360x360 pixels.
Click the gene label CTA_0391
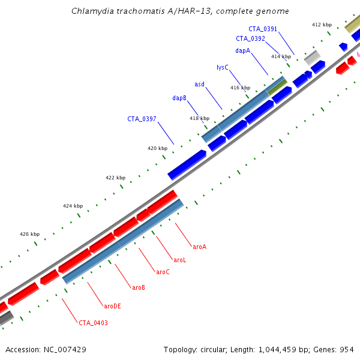262,28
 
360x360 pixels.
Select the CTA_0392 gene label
250,38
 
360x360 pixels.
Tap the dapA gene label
242,51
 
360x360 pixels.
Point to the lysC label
223,67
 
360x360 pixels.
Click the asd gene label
199,84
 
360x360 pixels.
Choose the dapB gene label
179,98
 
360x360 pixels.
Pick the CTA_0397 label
142,119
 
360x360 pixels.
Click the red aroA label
199,247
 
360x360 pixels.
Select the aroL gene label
180,260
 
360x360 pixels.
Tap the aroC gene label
163,272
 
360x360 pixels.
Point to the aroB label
139,287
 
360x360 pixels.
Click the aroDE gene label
112,306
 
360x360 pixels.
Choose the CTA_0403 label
93,323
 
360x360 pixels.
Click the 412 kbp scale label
322,25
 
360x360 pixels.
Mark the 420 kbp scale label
157,148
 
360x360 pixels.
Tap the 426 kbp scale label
29,234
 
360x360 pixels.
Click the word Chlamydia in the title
91,11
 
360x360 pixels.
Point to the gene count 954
347,349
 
